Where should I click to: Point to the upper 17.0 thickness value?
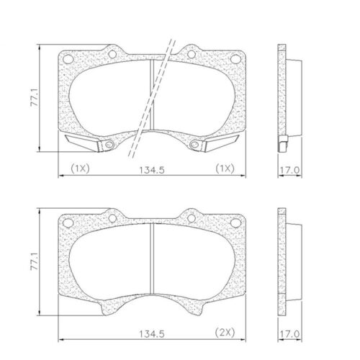(288, 170)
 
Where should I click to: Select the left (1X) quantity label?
(79, 170)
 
